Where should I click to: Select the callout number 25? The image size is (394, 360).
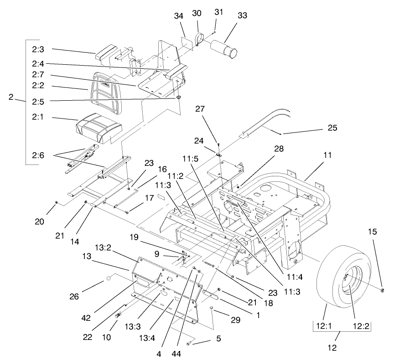[x=332, y=128]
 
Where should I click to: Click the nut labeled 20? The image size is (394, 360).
[x=56, y=202]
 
